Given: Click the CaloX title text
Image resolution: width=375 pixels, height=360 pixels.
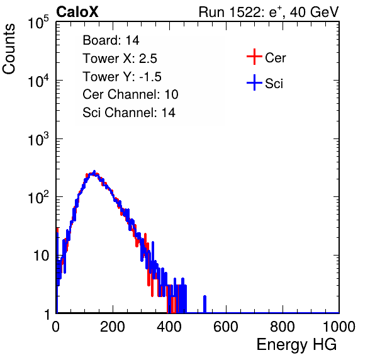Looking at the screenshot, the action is point(77,12).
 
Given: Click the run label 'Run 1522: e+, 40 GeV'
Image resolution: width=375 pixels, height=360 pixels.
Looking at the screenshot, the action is point(269,12).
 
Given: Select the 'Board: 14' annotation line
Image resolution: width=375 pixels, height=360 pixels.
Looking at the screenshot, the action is point(111,40).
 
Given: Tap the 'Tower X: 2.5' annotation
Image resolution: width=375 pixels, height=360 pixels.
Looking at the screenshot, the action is point(120,59).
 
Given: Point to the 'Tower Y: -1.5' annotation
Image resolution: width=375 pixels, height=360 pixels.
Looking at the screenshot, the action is point(122,77).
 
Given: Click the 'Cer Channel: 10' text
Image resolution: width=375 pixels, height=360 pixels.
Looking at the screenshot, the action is point(130,94).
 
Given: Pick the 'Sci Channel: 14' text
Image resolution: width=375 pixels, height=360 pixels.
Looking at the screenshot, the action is point(129,113).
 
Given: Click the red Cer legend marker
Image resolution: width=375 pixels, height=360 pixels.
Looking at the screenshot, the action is point(254,57).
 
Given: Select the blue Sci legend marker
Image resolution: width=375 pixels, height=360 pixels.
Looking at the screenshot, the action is point(254,83).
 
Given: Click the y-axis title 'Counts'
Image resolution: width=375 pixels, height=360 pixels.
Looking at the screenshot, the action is point(9,49).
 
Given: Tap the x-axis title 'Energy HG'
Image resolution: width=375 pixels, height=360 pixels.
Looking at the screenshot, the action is point(296,345).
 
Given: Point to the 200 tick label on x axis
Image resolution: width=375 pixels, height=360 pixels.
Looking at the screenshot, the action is point(113,327).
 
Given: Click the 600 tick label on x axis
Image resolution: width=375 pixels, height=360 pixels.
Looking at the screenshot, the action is point(226,327).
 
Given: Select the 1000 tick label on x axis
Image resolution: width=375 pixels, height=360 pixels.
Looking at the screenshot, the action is point(339,327).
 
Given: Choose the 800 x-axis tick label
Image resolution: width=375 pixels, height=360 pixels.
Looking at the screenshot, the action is point(283,327).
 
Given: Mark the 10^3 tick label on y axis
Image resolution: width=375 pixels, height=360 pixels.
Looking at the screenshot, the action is point(38,139).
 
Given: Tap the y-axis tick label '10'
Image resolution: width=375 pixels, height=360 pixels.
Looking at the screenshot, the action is point(41,256).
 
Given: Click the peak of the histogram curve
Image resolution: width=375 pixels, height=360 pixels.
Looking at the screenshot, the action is point(94,172).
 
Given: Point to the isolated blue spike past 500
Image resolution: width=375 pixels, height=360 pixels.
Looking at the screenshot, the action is point(204,304).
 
